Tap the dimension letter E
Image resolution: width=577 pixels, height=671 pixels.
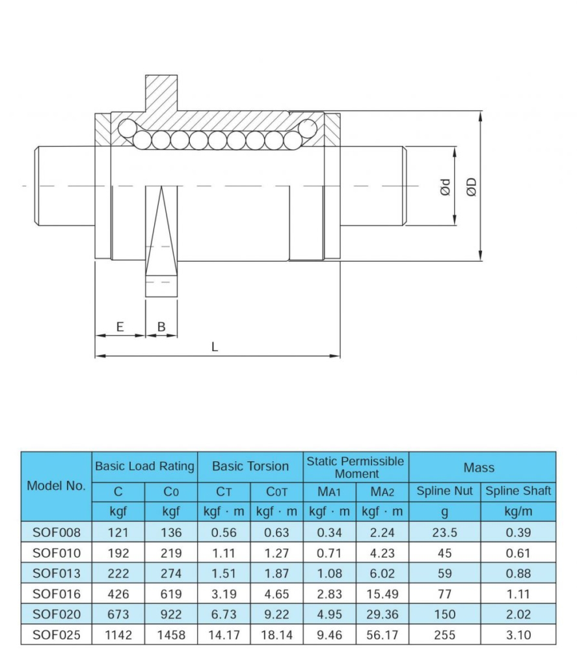pyautogui.click(x=120, y=326)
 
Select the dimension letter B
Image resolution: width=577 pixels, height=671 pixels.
pyautogui.click(x=161, y=326)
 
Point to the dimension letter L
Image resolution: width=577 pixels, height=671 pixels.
pyautogui.click(x=215, y=347)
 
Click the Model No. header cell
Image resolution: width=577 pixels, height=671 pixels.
pyautogui.click(x=56, y=486)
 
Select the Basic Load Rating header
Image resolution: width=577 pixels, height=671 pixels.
pyautogui.click(x=144, y=466)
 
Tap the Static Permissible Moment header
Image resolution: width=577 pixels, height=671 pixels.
pyautogui.click(x=355, y=467)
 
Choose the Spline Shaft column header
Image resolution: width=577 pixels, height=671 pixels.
pyautogui.click(x=518, y=491)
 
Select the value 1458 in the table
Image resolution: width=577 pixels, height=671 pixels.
pyautogui.click(x=171, y=635)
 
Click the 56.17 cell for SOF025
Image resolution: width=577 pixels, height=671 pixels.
pyautogui.click(x=382, y=635)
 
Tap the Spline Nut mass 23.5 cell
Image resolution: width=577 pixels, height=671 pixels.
pyautogui.click(x=444, y=532)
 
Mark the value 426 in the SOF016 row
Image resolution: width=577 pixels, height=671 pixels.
pyautogui.click(x=118, y=593)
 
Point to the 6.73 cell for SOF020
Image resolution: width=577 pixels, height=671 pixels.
pyautogui.click(x=224, y=614)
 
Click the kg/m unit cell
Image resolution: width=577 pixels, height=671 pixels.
pyautogui.click(x=518, y=511)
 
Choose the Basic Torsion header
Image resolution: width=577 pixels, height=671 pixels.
pyautogui.click(x=250, y=466)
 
